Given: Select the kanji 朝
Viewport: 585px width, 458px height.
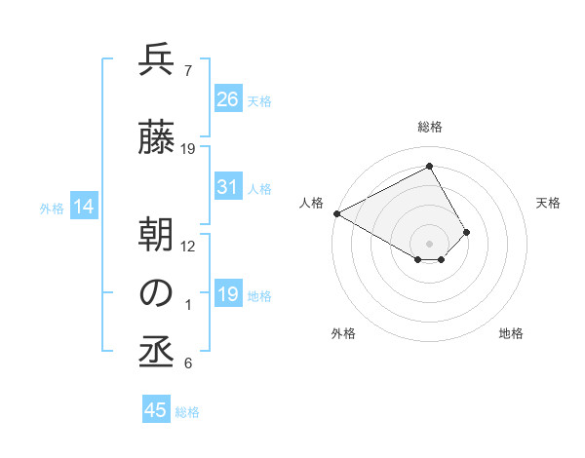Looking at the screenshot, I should (157, 233).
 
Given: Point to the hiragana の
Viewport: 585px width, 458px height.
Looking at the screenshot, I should (157, 292).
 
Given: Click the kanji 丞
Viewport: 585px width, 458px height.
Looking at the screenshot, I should (157, 352).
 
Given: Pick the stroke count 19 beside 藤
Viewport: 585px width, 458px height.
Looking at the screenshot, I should (188, 149).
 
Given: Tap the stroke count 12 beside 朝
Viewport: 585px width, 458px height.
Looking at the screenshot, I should (188, 246).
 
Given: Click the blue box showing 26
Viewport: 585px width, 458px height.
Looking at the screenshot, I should (228, 98).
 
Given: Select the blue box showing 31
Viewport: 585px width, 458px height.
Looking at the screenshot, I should (228, 187).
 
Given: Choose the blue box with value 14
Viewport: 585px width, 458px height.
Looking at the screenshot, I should (84, 207).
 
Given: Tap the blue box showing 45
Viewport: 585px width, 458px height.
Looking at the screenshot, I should (156, 410).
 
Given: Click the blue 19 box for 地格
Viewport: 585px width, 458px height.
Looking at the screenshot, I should (228, 294).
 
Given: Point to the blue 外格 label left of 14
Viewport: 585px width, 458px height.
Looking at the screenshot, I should (52, 208).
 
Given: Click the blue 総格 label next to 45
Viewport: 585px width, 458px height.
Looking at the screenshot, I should (187, 412).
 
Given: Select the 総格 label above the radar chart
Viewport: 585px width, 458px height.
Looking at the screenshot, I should (429, 128).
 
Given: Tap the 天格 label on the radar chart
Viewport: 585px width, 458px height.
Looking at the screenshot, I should (549, 203).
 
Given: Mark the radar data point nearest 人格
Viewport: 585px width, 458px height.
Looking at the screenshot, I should (336, 212).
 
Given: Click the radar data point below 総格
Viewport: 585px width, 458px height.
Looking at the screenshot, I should (429, 167).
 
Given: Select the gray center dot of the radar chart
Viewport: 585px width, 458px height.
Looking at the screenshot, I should (429, 242).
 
